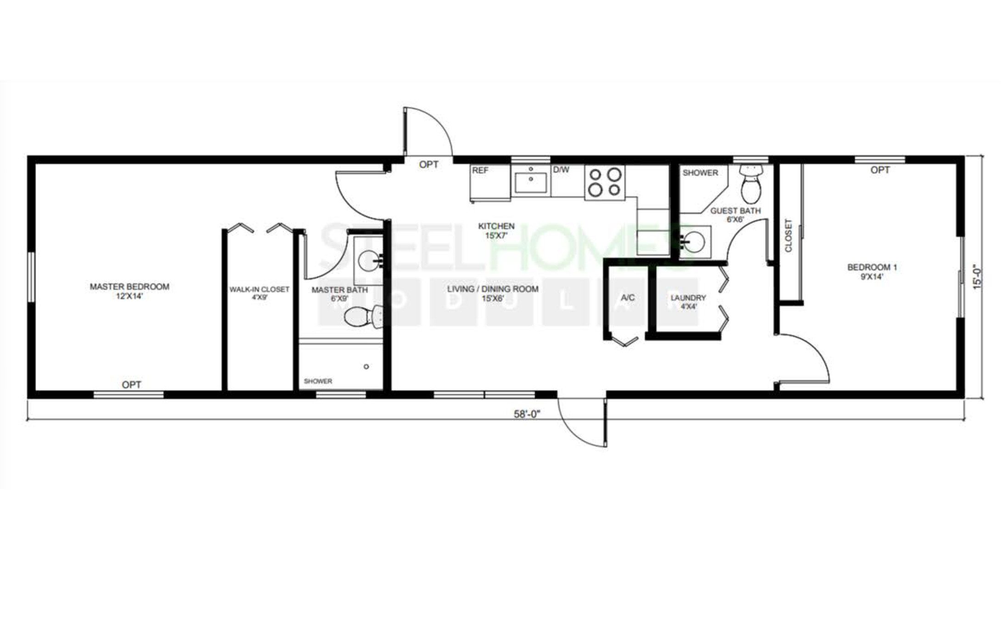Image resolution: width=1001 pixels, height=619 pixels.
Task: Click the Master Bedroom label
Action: pyautogui.click(x=129, y=291)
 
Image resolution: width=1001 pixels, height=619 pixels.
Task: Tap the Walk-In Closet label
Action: pyautogui.click(x=259, y=293)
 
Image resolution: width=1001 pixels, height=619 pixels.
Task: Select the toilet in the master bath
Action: pyautogui.click(x=363, y=316)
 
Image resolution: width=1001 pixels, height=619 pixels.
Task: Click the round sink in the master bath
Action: pyautogui.click(x=368, y=261)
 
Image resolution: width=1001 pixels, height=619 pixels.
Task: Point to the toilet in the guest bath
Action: pyautogui.click(x=751, y=185)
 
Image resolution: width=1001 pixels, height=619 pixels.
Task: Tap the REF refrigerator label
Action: pyautogui.click(x=480, y=170)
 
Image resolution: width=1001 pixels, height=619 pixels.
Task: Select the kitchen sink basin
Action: pyautogui.click(x=531, y=182)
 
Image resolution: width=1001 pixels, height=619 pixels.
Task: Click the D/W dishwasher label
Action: pyautogui.click(x=561, y=169)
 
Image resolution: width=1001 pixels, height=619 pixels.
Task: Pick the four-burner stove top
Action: pyautogui.click(x=605, y=182)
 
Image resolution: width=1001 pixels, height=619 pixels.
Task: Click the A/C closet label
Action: pyautogui.click(x=628, y=298)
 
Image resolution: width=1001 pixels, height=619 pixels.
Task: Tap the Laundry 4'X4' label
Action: pyautogui.click(x=688, y=302)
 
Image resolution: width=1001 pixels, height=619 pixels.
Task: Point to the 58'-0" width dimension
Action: pyautogui.click(x=527, y=414)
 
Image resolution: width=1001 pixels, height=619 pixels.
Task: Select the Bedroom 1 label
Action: pyautogui.click(x=872, y=271)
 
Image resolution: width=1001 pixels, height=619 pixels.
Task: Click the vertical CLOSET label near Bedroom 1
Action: pyautogui.click(x=789, y=236)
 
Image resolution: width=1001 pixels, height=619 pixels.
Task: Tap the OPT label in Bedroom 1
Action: pyautogui.click(x=880, y=170)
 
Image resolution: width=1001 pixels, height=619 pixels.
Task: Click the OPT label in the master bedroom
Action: pyautogui.click(x=131, y=384)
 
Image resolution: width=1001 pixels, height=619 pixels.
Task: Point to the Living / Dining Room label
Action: pyautogui.click(x=493, y=293)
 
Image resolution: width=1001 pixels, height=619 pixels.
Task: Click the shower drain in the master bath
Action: pyautogui.click(x=366, y=366)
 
